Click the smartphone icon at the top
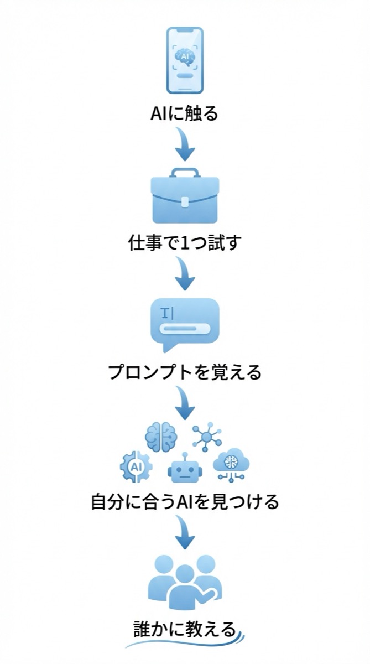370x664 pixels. [x=185, y=60]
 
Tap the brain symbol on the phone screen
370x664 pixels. [x=185, y=55]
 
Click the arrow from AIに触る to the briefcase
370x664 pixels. [x=185, y=143]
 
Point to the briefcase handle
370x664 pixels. [x=185, y=173]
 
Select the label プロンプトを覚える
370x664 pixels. [x=185, y=372]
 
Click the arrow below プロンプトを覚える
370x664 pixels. [x=185, y=403]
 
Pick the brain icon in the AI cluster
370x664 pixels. [x=161, y=437]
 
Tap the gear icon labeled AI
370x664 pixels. [x=136, y=466]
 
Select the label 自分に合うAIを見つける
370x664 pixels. [x=185, y=502]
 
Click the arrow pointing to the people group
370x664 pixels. [x=185, y=532]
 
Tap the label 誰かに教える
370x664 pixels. [x=185, y=630]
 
